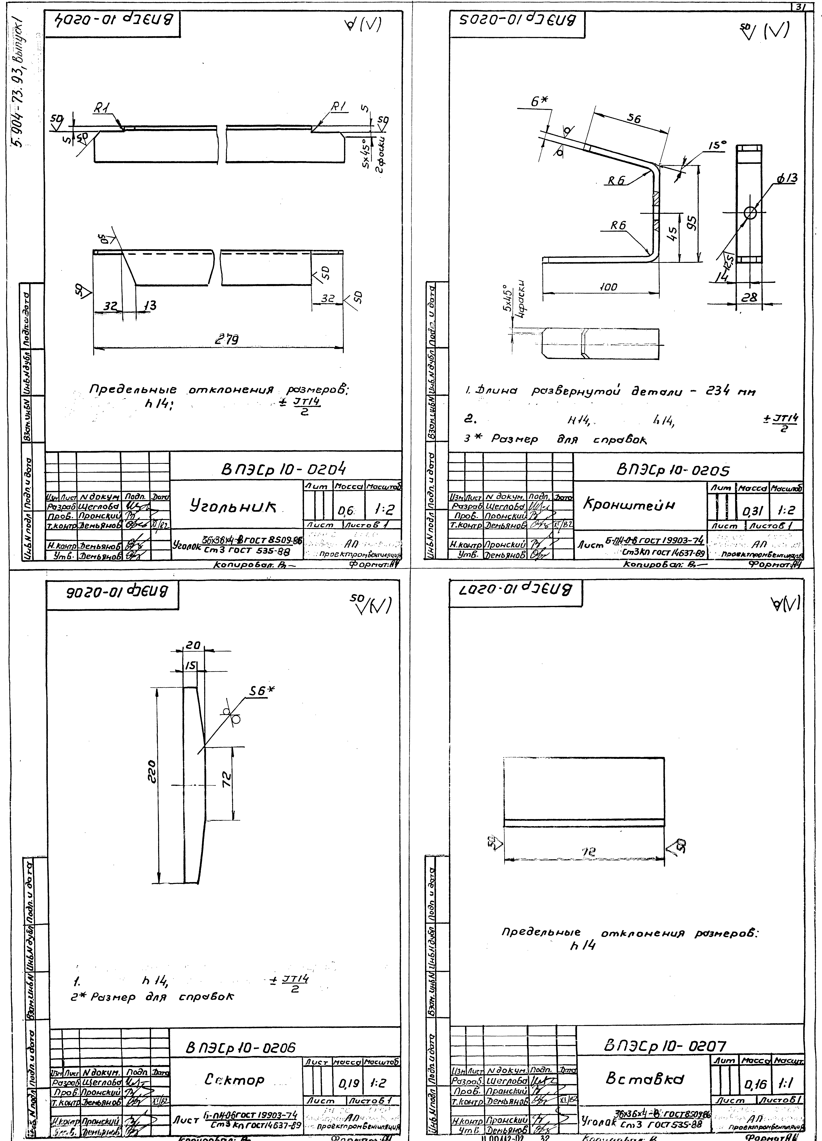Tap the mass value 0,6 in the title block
pyautogui.click(x=347, y=511)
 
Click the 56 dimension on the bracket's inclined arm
pyautogui.click(x=633, y=119)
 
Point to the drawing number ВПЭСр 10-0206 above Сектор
pyautogui.click(x=241, y=1048)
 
